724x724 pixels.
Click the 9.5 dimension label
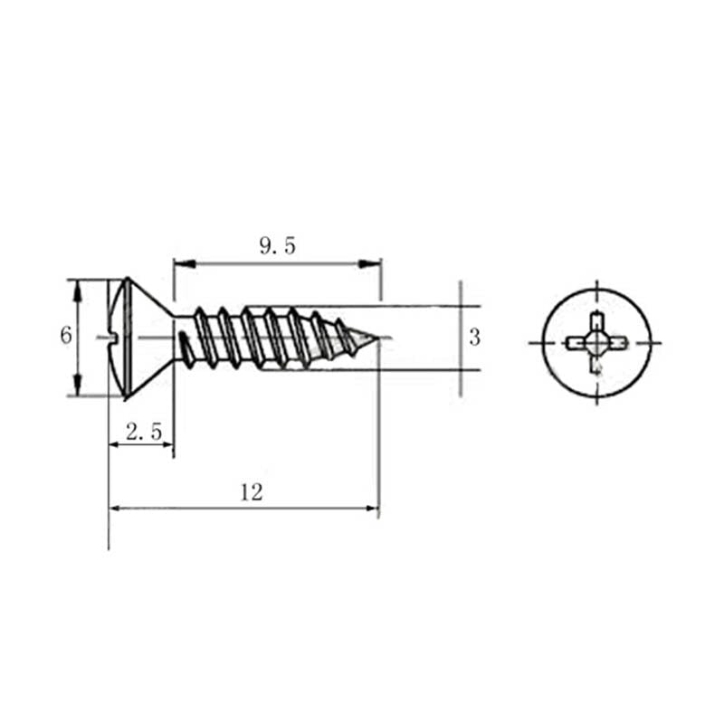coord(277,245)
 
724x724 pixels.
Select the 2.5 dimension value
coord(144,433)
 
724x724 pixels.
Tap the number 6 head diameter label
coord(65,336)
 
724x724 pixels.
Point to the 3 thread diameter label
coord(474,338)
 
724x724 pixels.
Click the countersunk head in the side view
coord(136,337)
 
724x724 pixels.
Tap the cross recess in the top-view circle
coord(596,343)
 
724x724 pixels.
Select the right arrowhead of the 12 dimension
coord(371,508)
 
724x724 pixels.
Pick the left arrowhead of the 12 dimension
coord(115,508)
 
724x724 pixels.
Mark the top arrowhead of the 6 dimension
coord(78,289)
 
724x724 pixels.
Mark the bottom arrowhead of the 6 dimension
coord(78,386)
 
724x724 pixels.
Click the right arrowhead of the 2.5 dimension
coord(167,444)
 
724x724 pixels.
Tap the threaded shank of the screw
coord(271,338)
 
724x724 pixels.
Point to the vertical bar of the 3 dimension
coord(461,338)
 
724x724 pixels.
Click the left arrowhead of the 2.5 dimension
coord(115,444)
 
